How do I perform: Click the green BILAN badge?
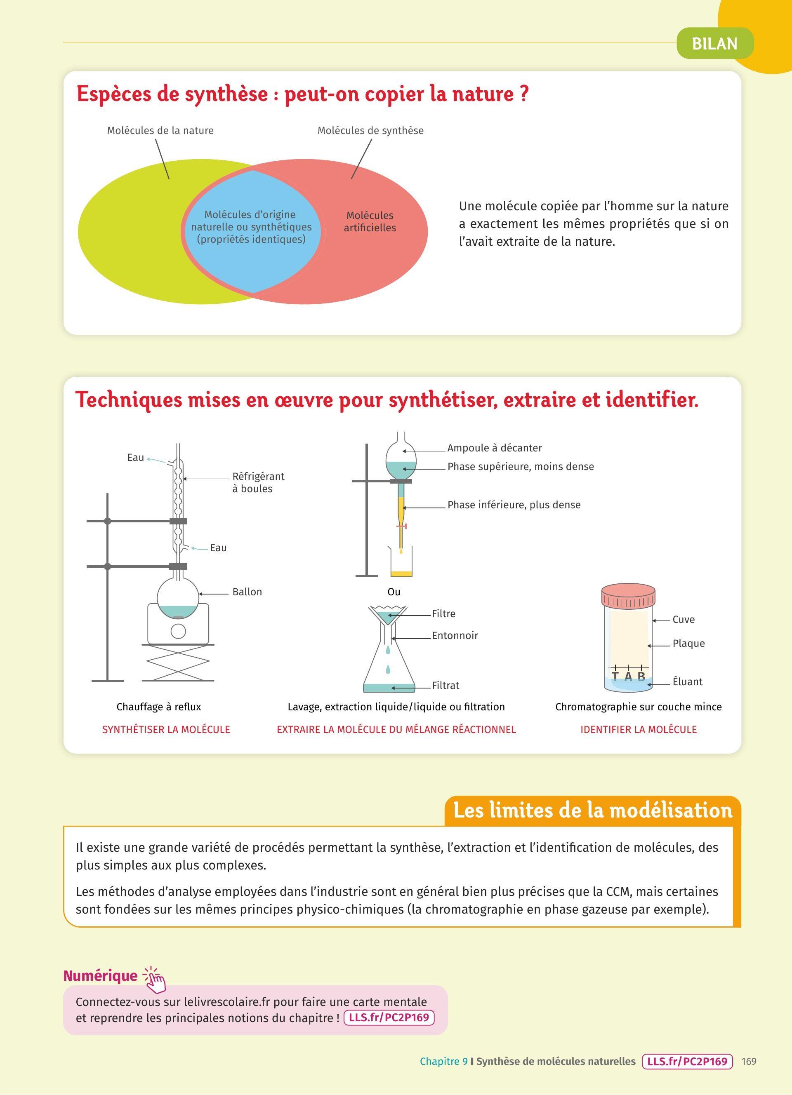(715, 43)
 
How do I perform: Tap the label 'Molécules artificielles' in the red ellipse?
(370, 222)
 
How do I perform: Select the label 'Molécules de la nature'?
(160, 130)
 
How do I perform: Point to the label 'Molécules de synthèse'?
(370, 130)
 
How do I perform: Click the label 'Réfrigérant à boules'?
(258, 482)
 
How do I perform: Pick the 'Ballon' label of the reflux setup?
(247, 592)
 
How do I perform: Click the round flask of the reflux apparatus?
(178, 599)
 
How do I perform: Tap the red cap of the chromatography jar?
(628, 596)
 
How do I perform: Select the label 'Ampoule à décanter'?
(495, 448)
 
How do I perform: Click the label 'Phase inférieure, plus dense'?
(514, 505)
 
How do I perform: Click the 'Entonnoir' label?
(455, 636)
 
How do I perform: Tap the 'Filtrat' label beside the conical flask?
(445, 686)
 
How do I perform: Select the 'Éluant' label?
(687, 682)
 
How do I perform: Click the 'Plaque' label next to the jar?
(688, 644)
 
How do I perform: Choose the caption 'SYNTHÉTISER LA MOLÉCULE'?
(166, 729)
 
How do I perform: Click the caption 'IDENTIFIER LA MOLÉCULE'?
(639, 729)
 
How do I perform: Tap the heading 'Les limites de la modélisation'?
(592, 811)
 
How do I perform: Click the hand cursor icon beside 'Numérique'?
(155, 979)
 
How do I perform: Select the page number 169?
(749, 1061)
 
